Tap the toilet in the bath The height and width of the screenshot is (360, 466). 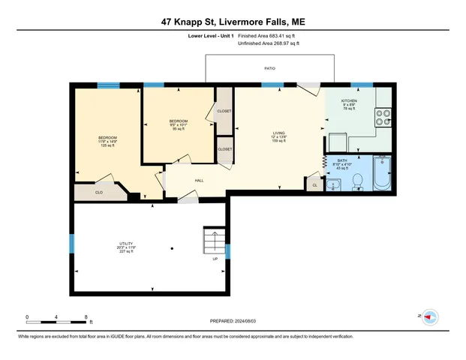(358, 181)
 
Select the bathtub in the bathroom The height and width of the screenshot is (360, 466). (382, 174)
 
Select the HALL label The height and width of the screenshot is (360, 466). (200, 181)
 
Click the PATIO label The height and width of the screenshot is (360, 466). (269, 69)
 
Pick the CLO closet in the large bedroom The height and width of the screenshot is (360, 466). (98, 192)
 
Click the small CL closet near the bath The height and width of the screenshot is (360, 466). (314, 184)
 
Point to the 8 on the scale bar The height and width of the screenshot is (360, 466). (86, 316)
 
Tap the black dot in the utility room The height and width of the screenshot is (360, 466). (172, 248)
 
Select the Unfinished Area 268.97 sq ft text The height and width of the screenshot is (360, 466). (268, 43)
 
